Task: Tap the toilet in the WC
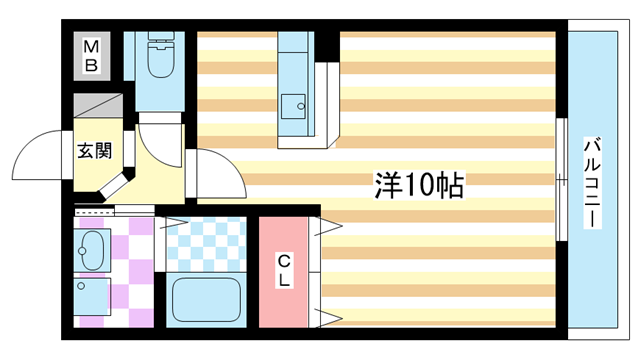(x=159, y=60)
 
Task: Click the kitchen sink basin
(x=293, y=104)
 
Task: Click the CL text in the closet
(x=284, y=270)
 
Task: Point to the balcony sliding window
(x=561, y=180)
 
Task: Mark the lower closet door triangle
(x=328, y=317)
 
